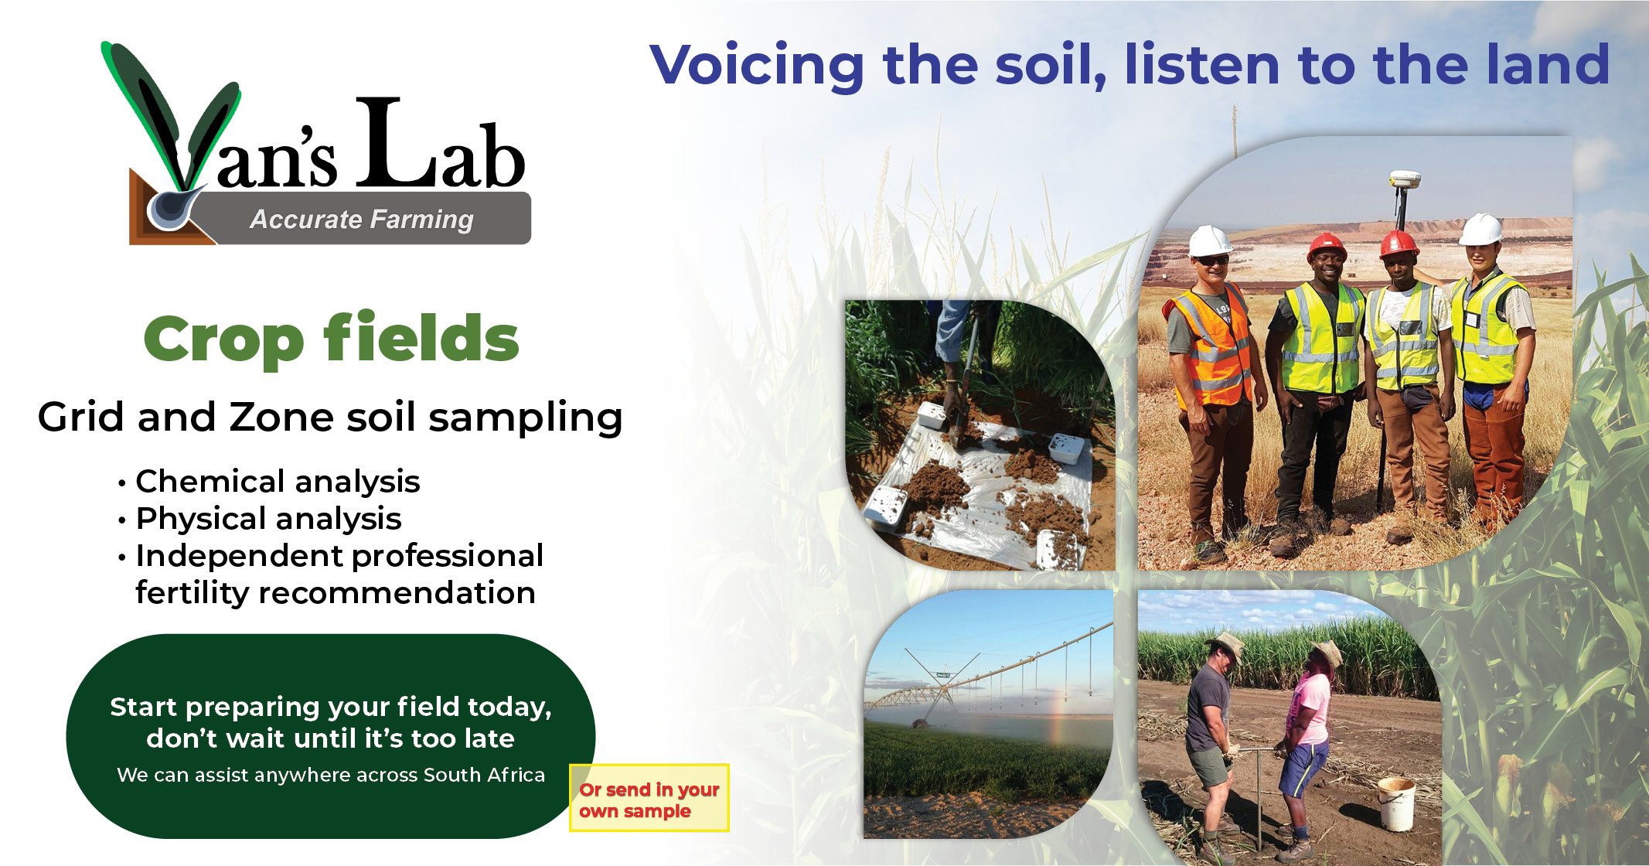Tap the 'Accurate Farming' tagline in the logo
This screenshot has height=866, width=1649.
(x=361, y=220)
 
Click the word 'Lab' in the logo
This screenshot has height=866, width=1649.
(x=440, y=147)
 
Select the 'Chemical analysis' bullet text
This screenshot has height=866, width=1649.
(x=278, y=482)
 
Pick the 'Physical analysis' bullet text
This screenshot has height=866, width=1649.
(x=268, y=519)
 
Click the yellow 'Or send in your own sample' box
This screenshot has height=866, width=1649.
(x=649, y=799)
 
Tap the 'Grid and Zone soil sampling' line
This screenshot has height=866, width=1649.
(x=330, y=418)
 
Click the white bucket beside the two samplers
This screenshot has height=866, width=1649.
(x=1395, y=804)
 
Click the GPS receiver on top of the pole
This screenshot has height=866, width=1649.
(x=1404, y=180)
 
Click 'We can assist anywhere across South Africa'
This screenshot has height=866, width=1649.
(x=330, y=775)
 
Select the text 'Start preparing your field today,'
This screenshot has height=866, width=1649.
(x=330, y=707)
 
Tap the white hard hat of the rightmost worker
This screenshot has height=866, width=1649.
(x=1480, y=228)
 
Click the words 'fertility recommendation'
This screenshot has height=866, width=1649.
(x=335, y=593)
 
